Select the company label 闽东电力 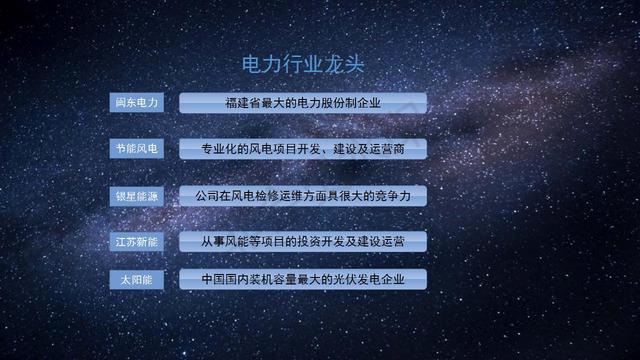pyautogui.click(x=135, y=103)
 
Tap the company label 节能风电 pyautogui.click(x=135, y=149)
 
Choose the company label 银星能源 pyautogui.click(x=135, y=195)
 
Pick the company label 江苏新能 pyautogui.click(x=135, y=241)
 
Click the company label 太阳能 pyautogui.click(x=135, y=279)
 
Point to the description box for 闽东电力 pyautogui.click(x=303, y=103)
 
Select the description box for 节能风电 pyautogui.click(x=303, y=149)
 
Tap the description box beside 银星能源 pyautogui.click(x=303, y=195)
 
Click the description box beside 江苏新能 pyautogui.click(x=303, y=241)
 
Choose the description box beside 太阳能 pyautogui.click(x=303, y=279)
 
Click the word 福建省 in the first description pyautogui.click(x=244, y=103)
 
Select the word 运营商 pyautogui.click(x=384, y=149)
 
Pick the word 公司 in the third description pyautogui.click(x=208, y=195)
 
